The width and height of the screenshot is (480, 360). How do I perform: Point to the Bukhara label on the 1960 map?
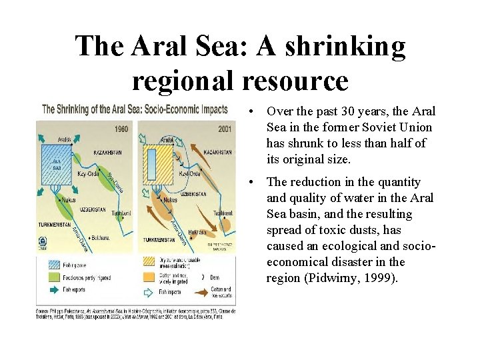click(x=99, y=237)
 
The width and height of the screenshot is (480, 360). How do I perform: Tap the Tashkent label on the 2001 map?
click(x=223, y=212)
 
